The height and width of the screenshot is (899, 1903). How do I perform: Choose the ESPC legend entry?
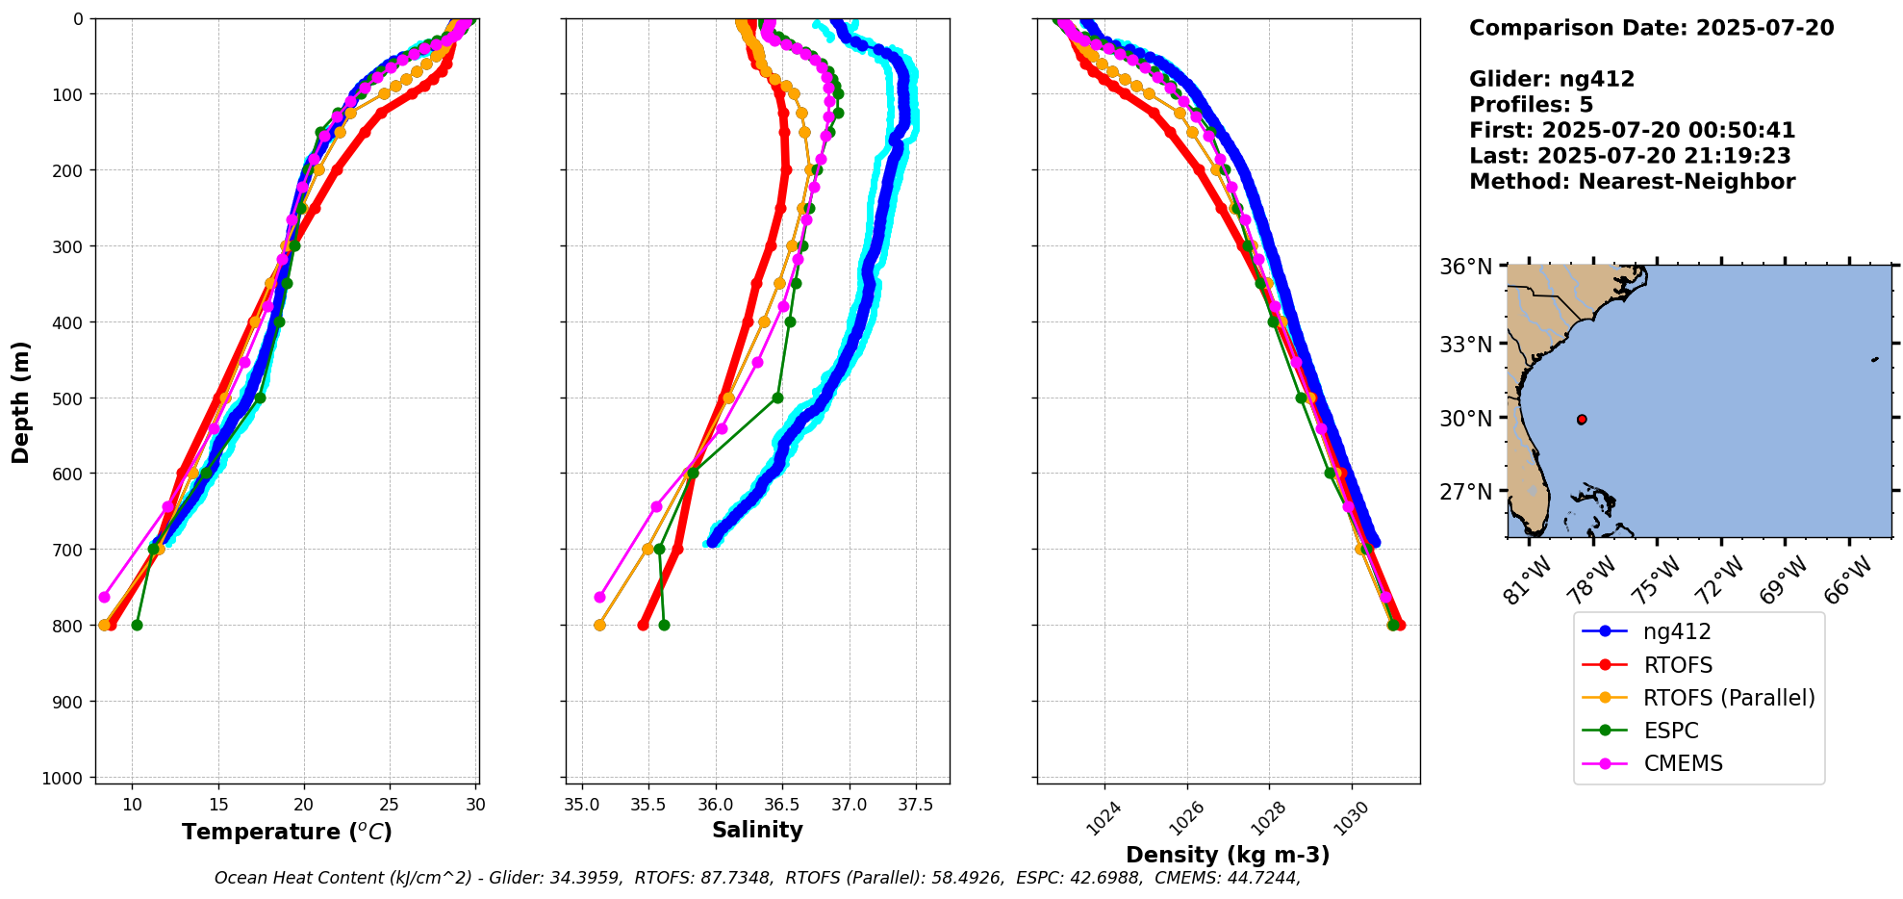tap(1670, 731)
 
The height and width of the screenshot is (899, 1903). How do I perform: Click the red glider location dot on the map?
tap(1582, 420)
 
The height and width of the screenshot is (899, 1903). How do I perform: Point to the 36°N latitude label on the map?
tap(1466, 267)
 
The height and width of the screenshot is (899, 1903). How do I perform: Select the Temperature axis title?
tap(287, 832)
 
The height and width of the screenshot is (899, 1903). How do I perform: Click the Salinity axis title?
tap(757, 830)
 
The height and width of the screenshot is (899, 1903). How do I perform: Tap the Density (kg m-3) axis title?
tap(1228, 855)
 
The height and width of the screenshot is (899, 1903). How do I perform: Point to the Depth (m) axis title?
tap(21, 401)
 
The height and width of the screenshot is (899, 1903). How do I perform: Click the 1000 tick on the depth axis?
tap(68, 778)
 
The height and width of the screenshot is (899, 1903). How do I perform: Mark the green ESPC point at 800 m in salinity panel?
tap(664, 626)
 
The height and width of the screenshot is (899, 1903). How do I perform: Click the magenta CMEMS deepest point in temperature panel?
tap(105, 597)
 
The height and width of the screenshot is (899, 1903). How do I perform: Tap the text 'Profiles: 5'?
tap(1531, 105)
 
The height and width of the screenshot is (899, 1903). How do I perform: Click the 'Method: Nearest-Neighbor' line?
tap(1632, 182)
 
